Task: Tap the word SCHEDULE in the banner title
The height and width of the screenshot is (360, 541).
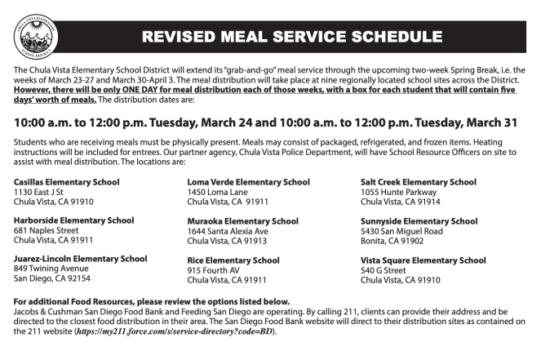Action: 397,37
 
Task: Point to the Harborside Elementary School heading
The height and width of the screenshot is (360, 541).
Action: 74,220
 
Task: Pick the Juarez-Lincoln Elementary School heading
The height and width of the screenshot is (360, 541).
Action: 81,259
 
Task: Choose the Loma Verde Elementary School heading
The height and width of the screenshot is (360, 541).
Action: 249,181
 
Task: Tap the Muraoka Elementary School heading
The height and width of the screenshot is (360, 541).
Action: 243,220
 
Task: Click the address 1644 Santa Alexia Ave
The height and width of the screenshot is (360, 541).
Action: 228,230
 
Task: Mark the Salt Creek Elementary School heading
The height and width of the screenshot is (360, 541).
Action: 419,181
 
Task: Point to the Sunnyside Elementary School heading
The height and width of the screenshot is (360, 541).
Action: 419,220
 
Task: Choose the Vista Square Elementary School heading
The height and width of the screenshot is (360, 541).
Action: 423,260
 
